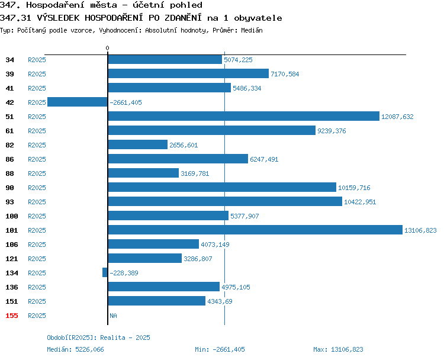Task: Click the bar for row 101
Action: (x=255, y=230)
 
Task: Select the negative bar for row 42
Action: (x=78, y=102)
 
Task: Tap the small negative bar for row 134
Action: (x=105, y=272)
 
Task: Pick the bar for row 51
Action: (x=243, y=116)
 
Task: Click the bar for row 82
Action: (x=137, y=144)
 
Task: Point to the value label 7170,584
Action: (x=285, y=74)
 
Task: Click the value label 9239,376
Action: (x=332, y=131)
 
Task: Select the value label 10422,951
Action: (x=360, y=202)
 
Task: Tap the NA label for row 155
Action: (x=113, y=316)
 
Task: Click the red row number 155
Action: (x=12, y=316)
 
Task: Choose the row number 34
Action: (x=9, y=60)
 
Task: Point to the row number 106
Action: (x=12, y=245)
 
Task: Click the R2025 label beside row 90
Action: (x=37, y=188)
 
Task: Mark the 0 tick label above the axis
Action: (x=107, y=48)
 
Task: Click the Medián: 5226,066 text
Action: (x=75, y=349)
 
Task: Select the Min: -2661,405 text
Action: (x=220, y=349)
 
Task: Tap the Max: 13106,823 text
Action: (x=338, y=349)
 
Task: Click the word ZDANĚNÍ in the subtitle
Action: (x=183, y=18)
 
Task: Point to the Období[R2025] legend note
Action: (x=98, y=337)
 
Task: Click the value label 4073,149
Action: (x=215, y=245)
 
